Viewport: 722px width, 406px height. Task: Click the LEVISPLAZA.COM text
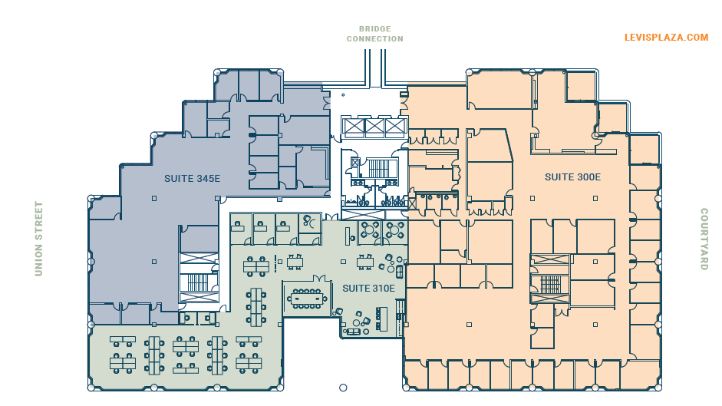pos(666,37)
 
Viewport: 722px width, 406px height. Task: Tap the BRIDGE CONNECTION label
pos(374,34)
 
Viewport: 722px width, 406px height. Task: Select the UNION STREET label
pos(38,239)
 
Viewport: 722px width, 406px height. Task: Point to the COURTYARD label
pos(704,239)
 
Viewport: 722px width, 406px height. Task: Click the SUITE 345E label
pos(192,179)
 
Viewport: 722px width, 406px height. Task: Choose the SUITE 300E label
pos(572,177)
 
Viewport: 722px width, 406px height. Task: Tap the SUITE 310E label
pos(368,289)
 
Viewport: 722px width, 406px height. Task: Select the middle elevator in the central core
pos(374,127)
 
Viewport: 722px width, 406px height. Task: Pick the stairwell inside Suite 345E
pos(198,282)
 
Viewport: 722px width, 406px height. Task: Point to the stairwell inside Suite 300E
pos(550,285)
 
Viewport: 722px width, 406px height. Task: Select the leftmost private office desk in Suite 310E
pos(238,228)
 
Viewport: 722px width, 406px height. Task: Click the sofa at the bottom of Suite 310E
pos(354,332)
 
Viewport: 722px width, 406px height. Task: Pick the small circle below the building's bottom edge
pos(343,388)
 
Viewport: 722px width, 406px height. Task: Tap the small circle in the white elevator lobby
pos(343,96)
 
